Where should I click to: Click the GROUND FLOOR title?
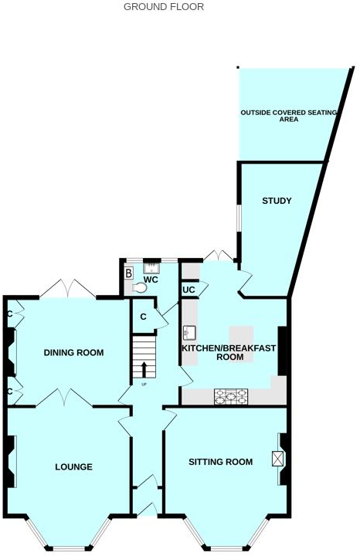164,7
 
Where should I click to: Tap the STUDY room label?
276,202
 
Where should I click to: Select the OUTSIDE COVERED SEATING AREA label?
289,117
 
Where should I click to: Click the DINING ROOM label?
73,353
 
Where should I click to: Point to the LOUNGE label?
73,467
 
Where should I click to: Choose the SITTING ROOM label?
221,463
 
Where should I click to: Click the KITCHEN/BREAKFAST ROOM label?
229,353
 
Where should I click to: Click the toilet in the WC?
139,287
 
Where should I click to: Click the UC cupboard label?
188,290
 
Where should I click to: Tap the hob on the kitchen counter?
231,395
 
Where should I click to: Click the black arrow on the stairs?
144,366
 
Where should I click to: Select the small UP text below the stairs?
144,384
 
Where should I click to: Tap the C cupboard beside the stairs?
144,317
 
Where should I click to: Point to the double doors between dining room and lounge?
66,398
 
